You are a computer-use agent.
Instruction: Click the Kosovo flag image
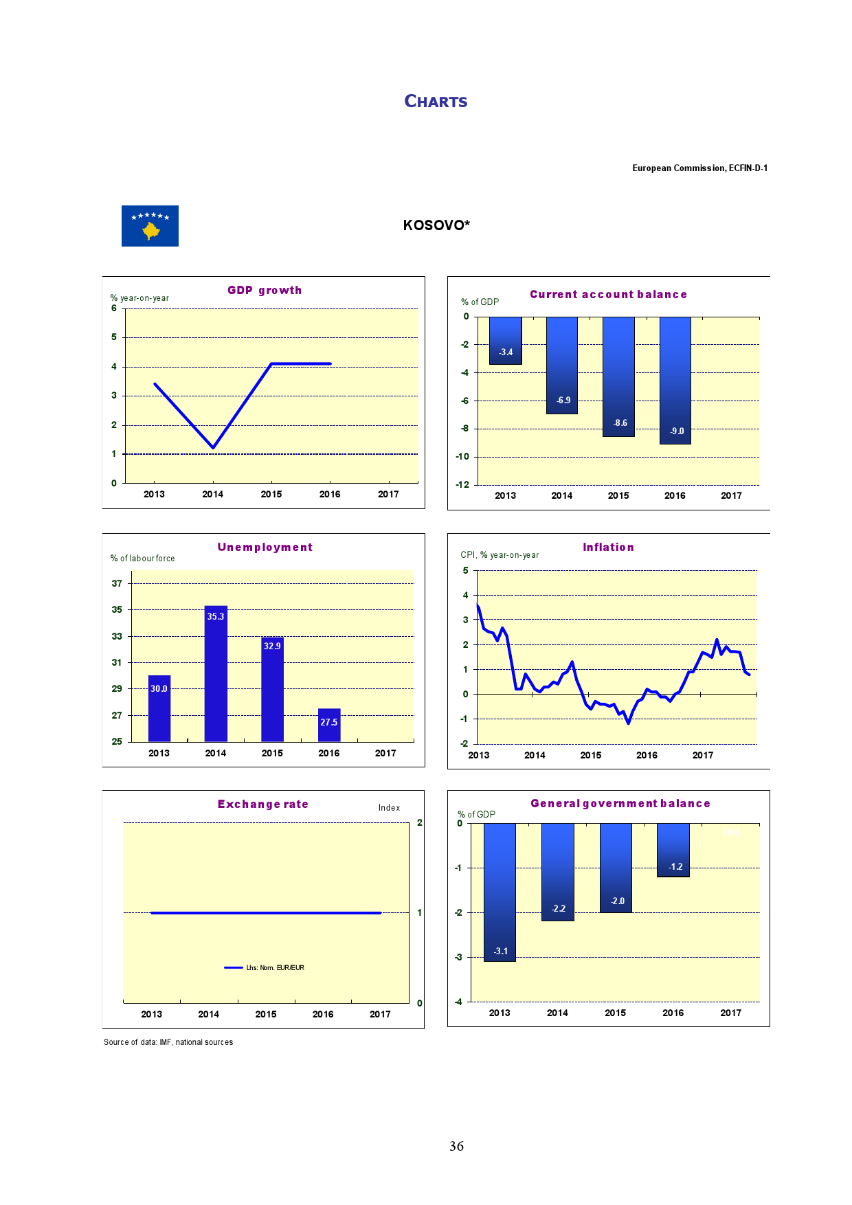[x=150, y=226]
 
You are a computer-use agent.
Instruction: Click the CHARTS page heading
[x=436, y=102]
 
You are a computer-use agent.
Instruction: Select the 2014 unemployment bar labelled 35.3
[x=216, y=673]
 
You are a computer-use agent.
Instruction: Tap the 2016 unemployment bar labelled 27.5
[x=329, y=725]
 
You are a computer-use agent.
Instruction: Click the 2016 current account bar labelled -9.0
[x=675, y=380]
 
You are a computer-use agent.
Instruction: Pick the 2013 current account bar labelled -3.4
[x=506, y=341]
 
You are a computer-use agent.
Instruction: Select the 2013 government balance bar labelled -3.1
[x=500, y=892]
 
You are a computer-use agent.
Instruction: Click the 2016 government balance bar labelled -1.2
[x=673, y=850]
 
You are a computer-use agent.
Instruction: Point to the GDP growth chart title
[x=265, y=290]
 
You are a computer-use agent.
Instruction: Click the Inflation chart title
[x=608, y=547]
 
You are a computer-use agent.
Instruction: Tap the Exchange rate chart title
[x=263, y=804]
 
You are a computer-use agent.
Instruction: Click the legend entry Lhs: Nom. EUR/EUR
[x=265, y=967]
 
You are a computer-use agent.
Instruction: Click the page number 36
[x=456, y=1146]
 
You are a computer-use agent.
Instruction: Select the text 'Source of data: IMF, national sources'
[x=168, y=1042]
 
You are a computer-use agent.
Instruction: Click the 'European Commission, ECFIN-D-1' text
[x=699, y=168]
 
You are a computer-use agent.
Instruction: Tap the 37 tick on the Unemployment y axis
[x=117, y=583]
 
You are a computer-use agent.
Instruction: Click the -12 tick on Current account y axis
[x=462, y=484]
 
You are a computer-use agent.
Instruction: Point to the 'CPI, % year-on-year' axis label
[x=500, y=555]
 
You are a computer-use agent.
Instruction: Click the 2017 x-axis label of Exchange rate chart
[x=380, y=1014]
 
